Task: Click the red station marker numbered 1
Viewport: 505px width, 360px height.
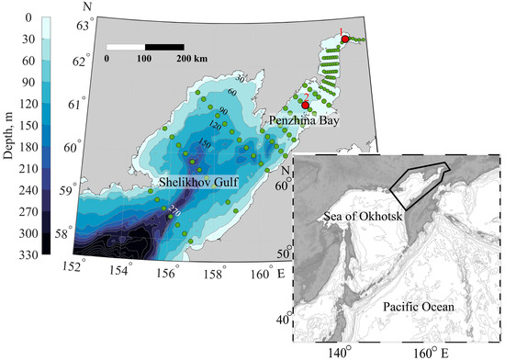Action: coord(344,39)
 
